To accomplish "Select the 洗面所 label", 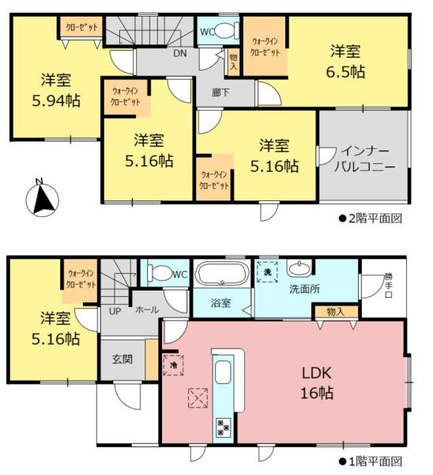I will point(304,289).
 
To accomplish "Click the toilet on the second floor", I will point(226,31).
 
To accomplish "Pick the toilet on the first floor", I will point(161,274).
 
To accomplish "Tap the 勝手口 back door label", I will point(387,284).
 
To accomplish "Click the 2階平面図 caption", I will point(370,218).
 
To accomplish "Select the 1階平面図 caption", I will point(370,461).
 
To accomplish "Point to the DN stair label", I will point(180,54).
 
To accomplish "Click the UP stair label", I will point(114,310).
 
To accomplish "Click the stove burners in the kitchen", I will point(223,428).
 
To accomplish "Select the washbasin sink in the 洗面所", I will point(301,268).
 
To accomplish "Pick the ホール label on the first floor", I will point(146,310).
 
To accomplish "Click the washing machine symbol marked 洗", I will point(267,272).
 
